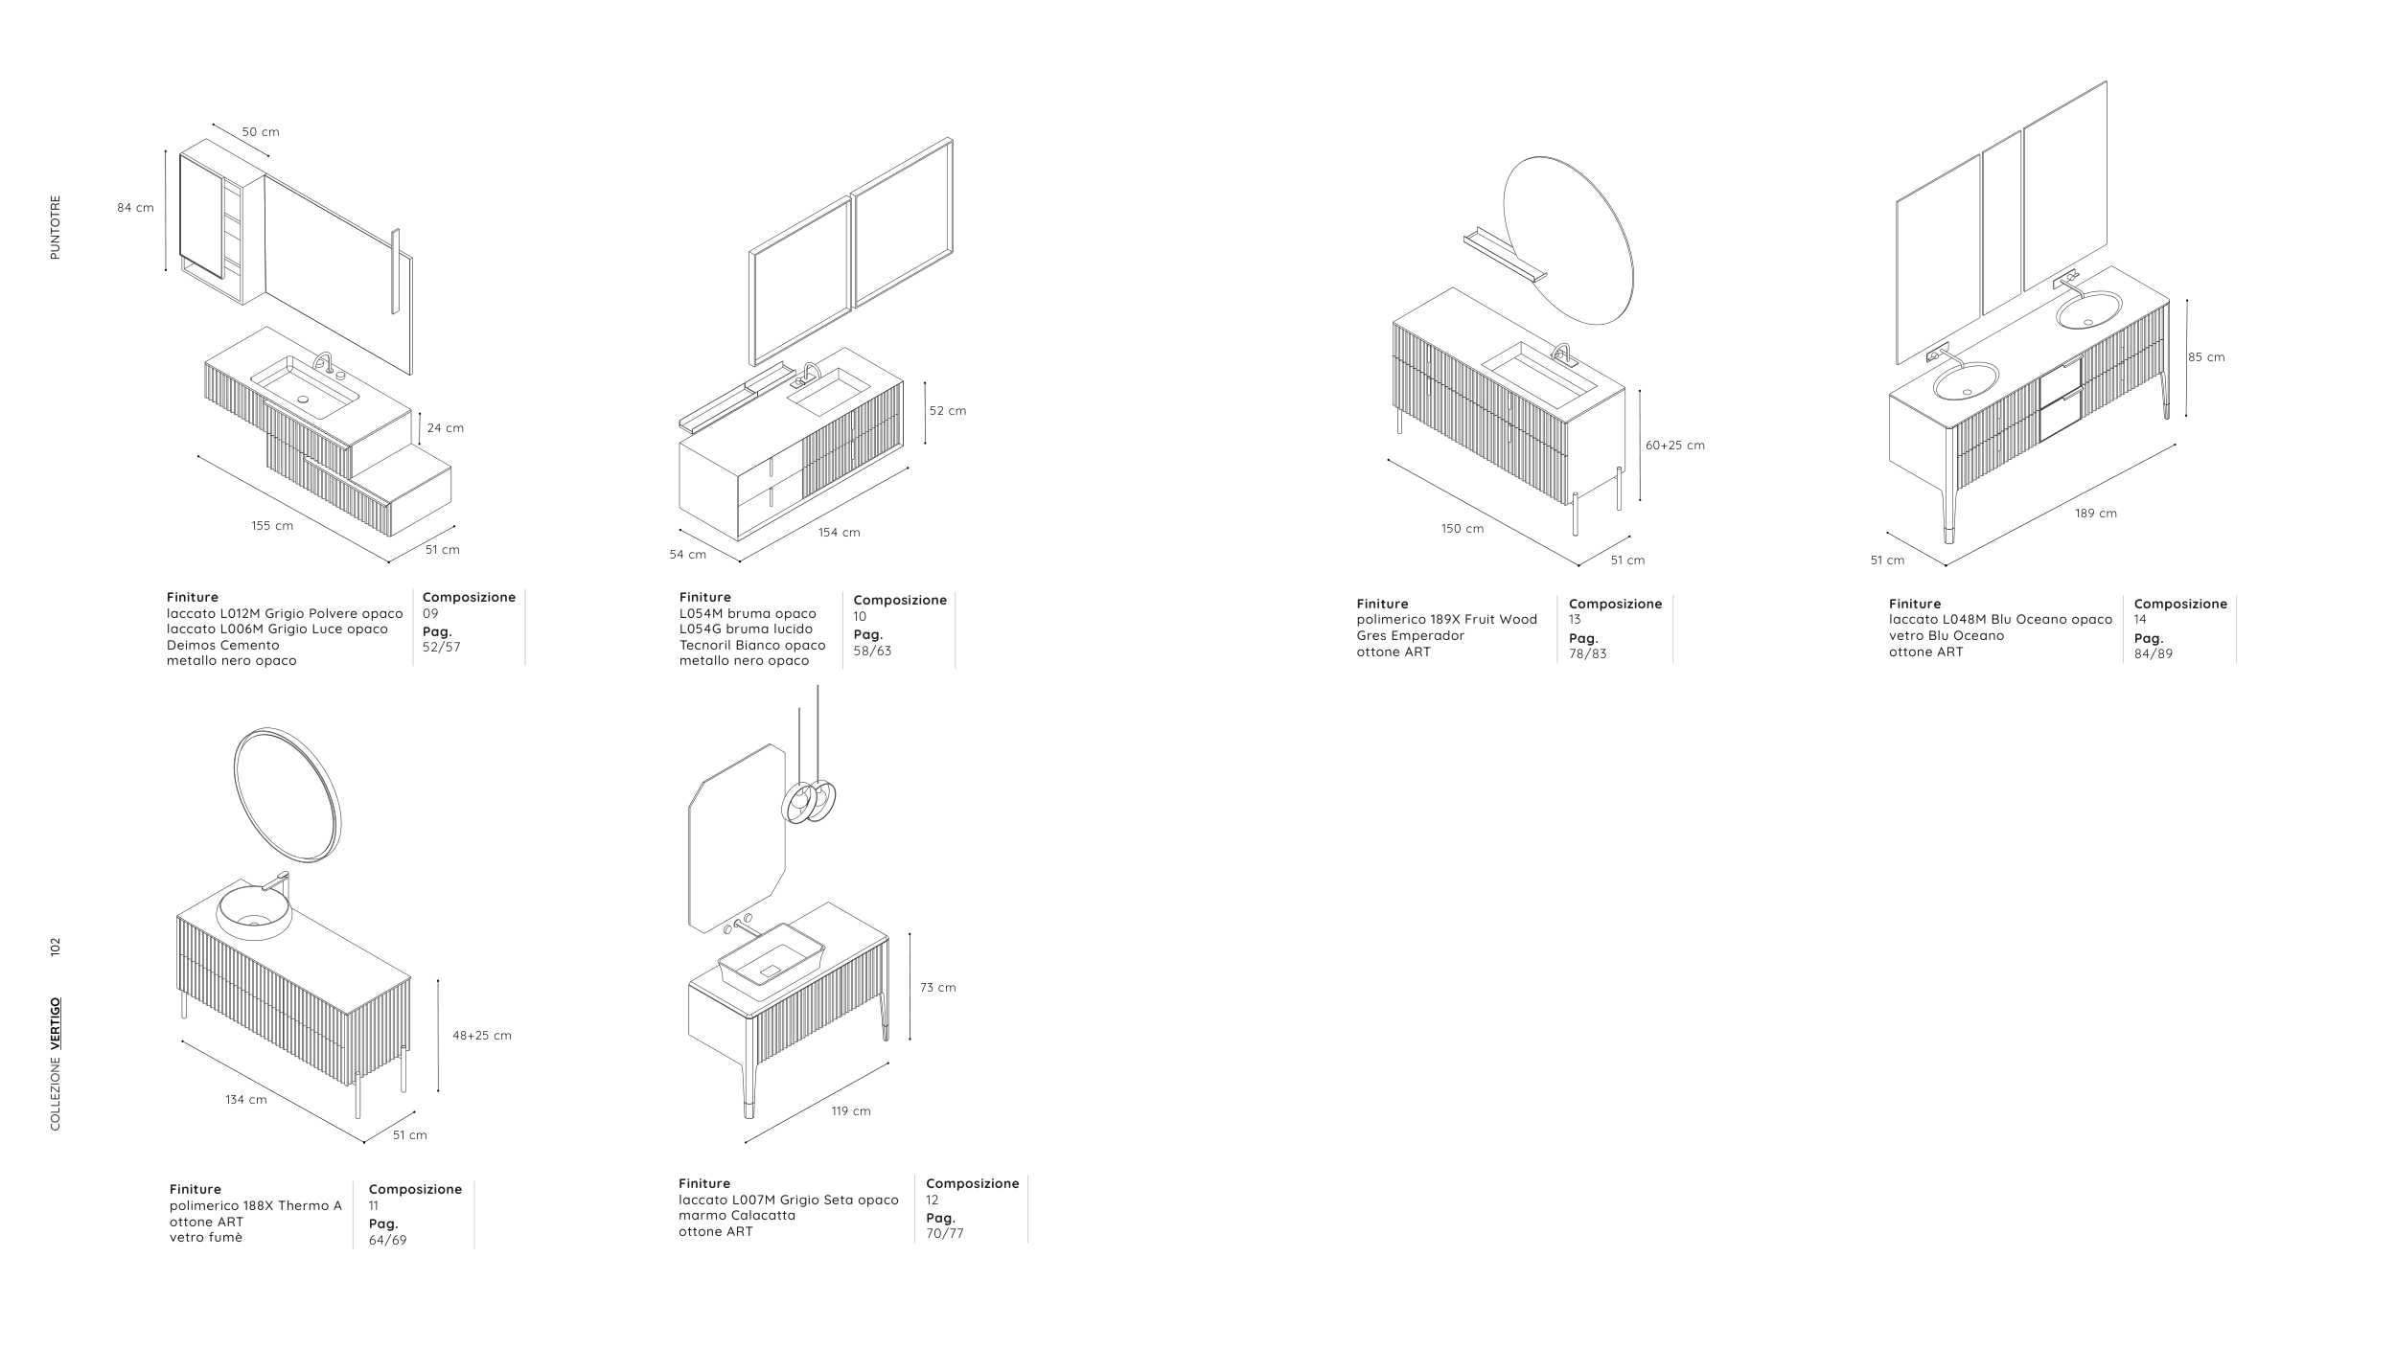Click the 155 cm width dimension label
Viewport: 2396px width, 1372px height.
pyautogui.click(x=272, y=526)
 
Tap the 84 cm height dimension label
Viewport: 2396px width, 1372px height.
pyautogui.click(x=135, y=208)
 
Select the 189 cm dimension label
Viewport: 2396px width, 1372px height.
pyautogui.click(x=2096, y=514)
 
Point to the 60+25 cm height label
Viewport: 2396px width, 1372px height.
pyautogui.click(x=1675, y=446)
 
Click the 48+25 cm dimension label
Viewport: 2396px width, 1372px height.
pyautogui.click(x=482, y=1036)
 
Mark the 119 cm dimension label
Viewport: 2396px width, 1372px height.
pyautogui.click(x=851, y=1111)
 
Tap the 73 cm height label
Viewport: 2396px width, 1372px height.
pyautogui.click(x=938, y=988)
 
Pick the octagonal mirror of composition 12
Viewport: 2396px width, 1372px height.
pyautogui.click(x=690, y=862)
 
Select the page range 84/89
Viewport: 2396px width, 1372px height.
pyautogui.click(x=2154, y=654)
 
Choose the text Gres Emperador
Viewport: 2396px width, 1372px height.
pyautogui.click(x=1411, y=636)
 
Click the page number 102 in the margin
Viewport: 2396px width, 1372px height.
pyautogui.click(x=56, y=947)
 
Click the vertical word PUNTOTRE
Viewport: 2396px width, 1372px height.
pyautogui.click(x=56, y=228)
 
